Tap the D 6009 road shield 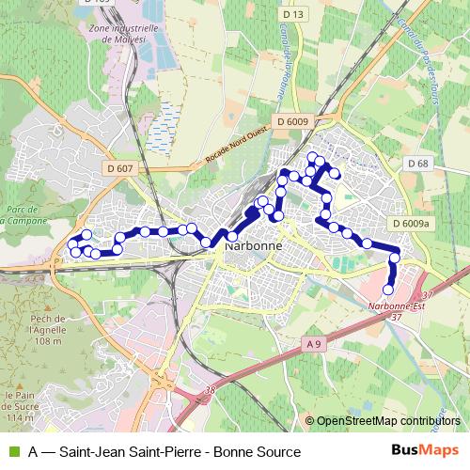pos(292,121)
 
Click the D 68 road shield pos(418,164)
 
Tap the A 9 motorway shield pos(313,346)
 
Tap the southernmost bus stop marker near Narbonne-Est pos(388,290)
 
